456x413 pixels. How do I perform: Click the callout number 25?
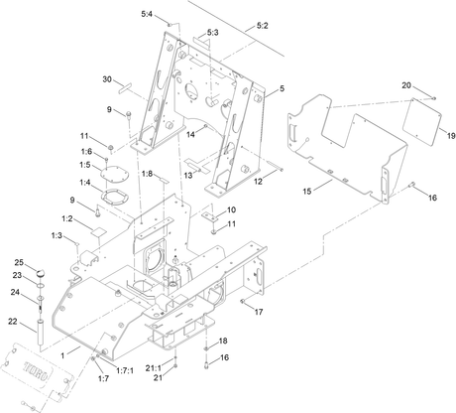[19, 262]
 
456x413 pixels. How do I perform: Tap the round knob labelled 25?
[41, 273]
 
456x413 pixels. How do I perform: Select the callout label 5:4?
[147, 14]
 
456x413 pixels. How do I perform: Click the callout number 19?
[451, 136]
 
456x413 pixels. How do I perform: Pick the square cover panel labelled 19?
[422, 121]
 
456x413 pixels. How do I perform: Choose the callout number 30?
[107, 79]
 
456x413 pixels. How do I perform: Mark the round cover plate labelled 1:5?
[115, 174]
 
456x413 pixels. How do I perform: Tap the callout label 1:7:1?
[125, 370]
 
